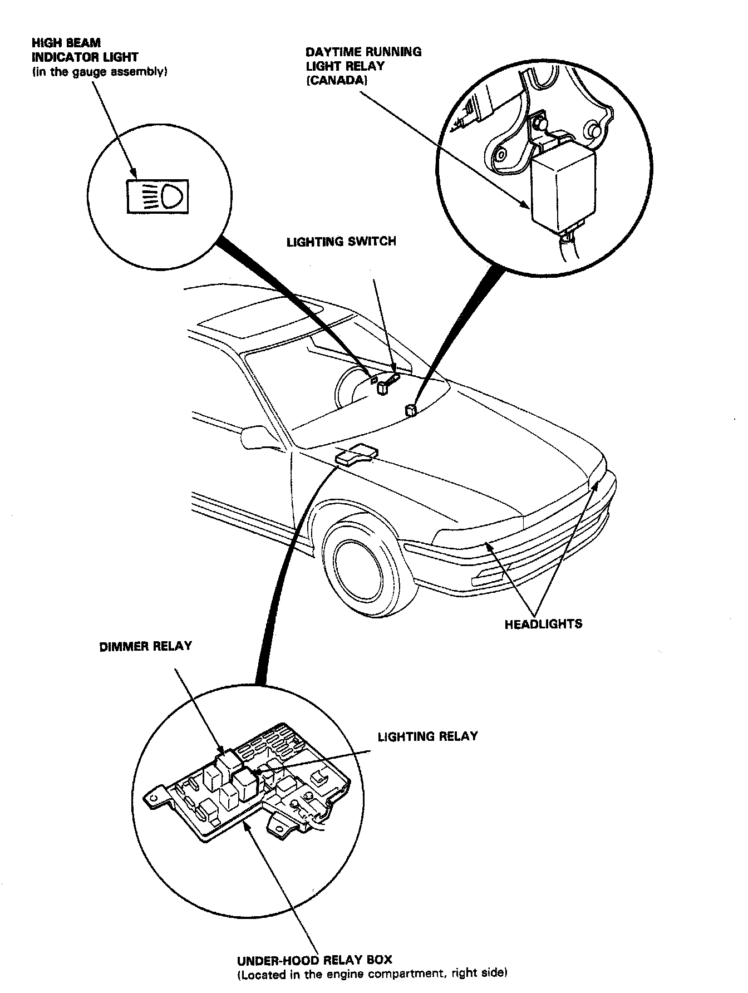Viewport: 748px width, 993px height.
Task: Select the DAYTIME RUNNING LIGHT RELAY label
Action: tap(363, 59)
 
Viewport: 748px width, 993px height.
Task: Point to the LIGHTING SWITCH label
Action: tap(341, 242)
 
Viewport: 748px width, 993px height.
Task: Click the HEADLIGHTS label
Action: tap(543, 624)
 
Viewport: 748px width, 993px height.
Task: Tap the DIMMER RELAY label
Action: tap(145, 646)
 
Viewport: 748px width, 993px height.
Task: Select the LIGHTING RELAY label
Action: tap(427, 736)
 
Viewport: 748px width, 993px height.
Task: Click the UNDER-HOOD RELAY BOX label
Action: tap(314, 960)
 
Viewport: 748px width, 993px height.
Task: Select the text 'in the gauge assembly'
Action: tap(100, 72)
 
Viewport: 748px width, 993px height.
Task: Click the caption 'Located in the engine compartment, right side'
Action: tap(372, 974)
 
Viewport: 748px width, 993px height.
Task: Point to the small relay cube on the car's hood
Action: tap(411, 411)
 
